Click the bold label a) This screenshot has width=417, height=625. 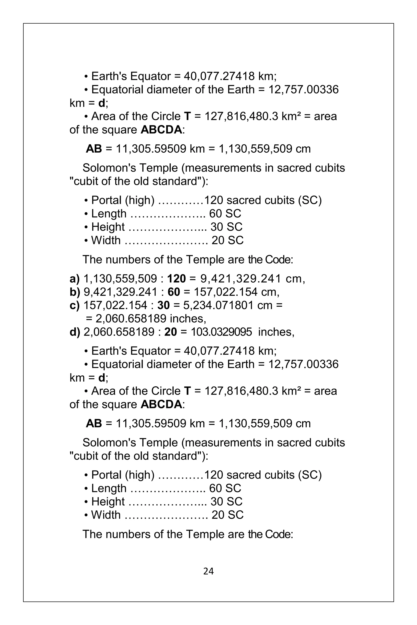tap(75, 279)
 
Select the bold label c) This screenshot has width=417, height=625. tap(75, 305)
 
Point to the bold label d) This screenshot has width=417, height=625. tap(75, 332)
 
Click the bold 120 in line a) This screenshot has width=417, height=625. tap(176, 279)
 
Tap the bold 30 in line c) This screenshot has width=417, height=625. tap(164, 305)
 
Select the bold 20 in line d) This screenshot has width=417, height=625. tap(170, 332)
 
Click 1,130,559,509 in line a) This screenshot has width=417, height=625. tap(120, 279)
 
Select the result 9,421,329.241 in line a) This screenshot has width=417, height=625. tap(241, 279)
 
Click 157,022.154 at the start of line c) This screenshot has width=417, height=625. tap(115, 305)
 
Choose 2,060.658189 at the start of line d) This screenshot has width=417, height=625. tap(119, 332)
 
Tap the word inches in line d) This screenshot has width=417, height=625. tap(276, 332)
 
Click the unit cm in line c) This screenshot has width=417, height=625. tap(265, 305)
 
